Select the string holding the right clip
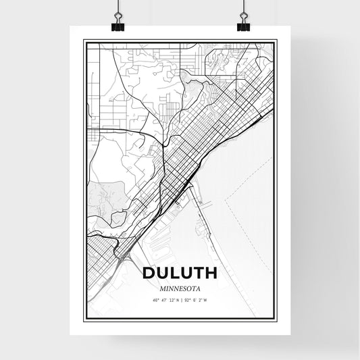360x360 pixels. pyautogui.click(x=243, y=7)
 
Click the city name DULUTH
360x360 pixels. pyautogui.click(x=179, y=274)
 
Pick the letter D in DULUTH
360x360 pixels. pyautogui.click(x=148, y=274)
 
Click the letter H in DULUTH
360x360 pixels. pyautogui.click(x=210, y=274)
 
